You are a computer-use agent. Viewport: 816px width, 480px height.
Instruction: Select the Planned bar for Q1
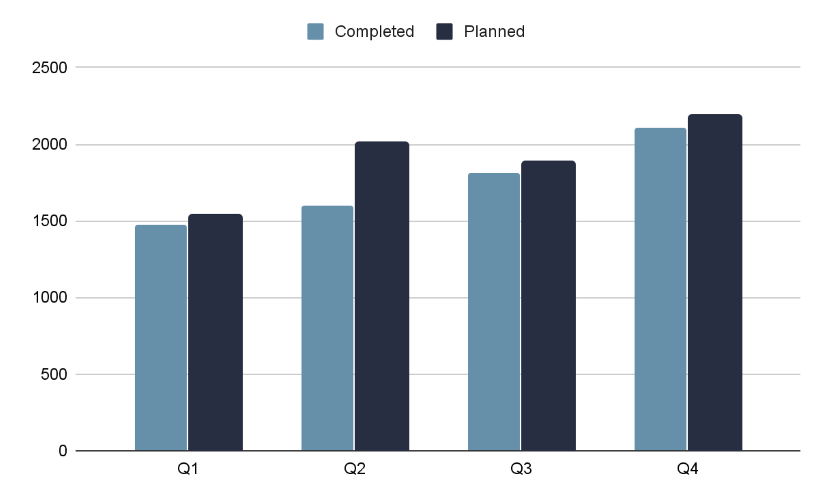coord(215,332)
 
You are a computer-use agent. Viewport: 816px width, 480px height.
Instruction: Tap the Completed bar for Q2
coord(327,328)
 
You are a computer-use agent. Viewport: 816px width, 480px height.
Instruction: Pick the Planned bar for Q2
coord(382,296)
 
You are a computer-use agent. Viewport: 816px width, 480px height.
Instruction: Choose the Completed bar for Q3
coord(494,312)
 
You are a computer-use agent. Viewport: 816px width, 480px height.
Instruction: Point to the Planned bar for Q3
coord(548,306)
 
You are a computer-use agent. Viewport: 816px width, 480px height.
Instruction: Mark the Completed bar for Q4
coord(660,289)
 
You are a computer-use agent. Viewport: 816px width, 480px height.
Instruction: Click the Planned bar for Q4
coord(715,282)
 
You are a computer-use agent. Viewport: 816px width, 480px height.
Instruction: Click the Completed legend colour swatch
coord(315,32)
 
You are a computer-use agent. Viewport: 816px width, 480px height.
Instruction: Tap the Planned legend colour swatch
coord(444,32)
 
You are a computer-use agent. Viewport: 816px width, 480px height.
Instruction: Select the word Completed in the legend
coord(374,32)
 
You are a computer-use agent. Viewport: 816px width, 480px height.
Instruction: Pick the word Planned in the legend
coord(494,32)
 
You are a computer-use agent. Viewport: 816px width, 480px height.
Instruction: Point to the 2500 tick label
coord(50,68)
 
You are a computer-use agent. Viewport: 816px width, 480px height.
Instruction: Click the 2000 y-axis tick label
coord(50,144)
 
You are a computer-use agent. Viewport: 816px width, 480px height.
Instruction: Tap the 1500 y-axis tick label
coord(50,221)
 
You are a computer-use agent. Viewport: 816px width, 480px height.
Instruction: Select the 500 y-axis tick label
coord(54,374)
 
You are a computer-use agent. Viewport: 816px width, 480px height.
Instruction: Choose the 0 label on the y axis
coord(63,451)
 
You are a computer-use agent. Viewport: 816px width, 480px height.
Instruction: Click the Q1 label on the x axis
coord(188,468)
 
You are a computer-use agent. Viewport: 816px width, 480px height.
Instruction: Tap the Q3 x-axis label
coord(521,468)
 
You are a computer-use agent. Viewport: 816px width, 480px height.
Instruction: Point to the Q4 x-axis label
coord(687,468)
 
